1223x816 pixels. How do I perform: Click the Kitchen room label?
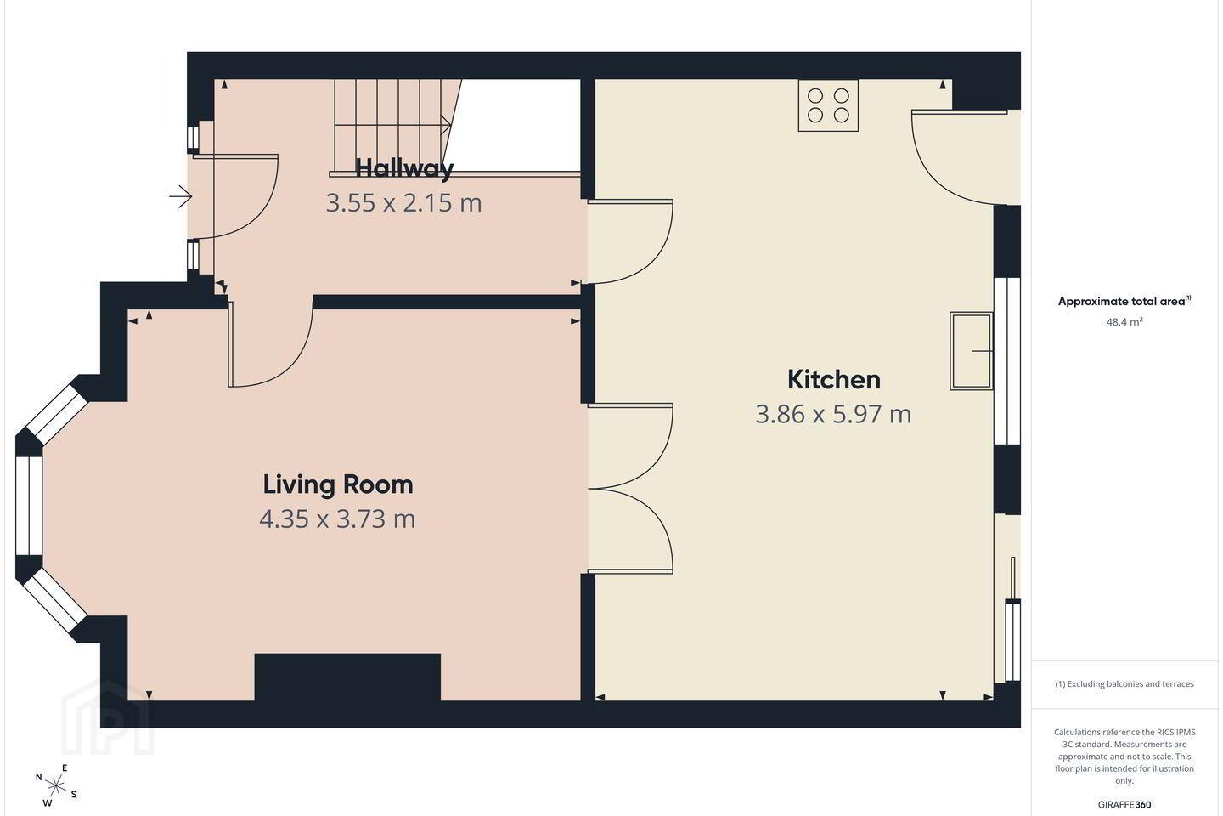[834, 380]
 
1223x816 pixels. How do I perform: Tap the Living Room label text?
[338, 484]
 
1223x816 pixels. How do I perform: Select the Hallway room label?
[404, 168]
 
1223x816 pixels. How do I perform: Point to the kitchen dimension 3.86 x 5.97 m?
[833, 414]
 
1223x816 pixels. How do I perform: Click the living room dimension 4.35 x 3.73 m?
[337, 518]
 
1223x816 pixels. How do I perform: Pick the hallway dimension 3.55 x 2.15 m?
[404, 203]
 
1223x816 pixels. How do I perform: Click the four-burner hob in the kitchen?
[828, 105]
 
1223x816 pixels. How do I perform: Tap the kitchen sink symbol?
[972, 351]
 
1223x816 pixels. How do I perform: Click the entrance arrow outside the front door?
[181, 196]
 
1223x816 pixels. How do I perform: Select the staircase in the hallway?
[397, 127]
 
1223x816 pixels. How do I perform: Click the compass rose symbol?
[56, 786]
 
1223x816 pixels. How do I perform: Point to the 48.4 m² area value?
[1124, 322]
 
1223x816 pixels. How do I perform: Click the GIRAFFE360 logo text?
[1124, 804]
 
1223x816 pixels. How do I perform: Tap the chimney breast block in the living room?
[348, 677]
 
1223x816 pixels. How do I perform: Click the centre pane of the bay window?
[29, 506]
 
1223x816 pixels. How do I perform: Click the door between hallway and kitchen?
[630, 242]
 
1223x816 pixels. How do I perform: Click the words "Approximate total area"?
[1121, 301]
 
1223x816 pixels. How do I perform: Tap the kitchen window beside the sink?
[1006, 360]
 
